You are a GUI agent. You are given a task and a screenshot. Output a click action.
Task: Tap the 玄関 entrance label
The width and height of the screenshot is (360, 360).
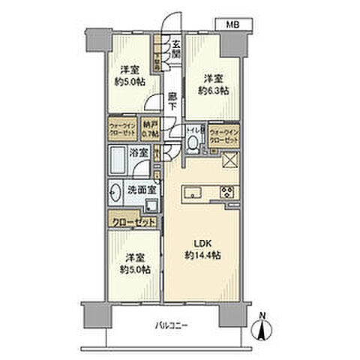(175, 48)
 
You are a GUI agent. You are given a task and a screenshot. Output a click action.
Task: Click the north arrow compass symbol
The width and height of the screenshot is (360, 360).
(260, 327)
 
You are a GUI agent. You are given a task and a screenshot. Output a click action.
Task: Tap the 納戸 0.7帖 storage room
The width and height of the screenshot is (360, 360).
(148, 129)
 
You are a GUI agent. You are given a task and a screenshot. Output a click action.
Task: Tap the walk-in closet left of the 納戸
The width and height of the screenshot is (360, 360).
(121, 129)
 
